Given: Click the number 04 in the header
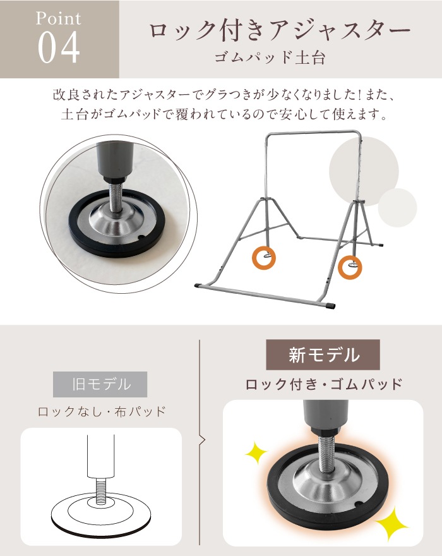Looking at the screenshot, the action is tap(59, 47).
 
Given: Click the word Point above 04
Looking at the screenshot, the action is tap(59, 18).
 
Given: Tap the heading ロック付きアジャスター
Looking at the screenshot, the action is tap(280, 30).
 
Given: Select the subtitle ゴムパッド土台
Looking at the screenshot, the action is tap(270, 57).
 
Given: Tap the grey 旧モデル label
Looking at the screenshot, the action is tap(100, 384).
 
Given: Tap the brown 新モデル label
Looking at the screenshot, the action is tap(323, 354).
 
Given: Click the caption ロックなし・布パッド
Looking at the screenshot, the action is tap(102, 412).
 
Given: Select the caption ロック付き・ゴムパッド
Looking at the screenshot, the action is tap(324, 384).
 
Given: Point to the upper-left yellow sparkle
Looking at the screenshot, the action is tap(256, 453).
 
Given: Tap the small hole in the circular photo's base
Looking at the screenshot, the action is tap(141, 237).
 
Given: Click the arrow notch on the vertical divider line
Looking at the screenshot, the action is tap(203, 440).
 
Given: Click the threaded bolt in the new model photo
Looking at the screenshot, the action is tap(325, 454).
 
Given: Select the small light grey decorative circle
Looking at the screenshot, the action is tap(397, 207).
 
